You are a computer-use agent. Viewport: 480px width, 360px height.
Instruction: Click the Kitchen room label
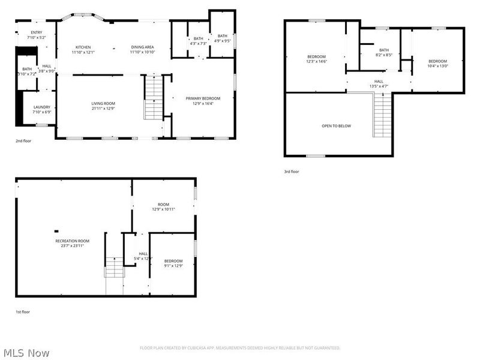point(83,47)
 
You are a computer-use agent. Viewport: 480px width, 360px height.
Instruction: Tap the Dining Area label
point(143,47)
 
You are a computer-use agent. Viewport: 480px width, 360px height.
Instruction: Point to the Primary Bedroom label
point(202,98)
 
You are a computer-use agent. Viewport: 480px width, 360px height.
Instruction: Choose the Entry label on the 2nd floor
point(37,32)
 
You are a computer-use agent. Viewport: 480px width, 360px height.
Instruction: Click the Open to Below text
point(336,126)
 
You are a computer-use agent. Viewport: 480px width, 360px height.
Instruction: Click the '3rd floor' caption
point(292,172)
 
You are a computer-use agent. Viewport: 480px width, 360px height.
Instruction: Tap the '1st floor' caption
point(23,312)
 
